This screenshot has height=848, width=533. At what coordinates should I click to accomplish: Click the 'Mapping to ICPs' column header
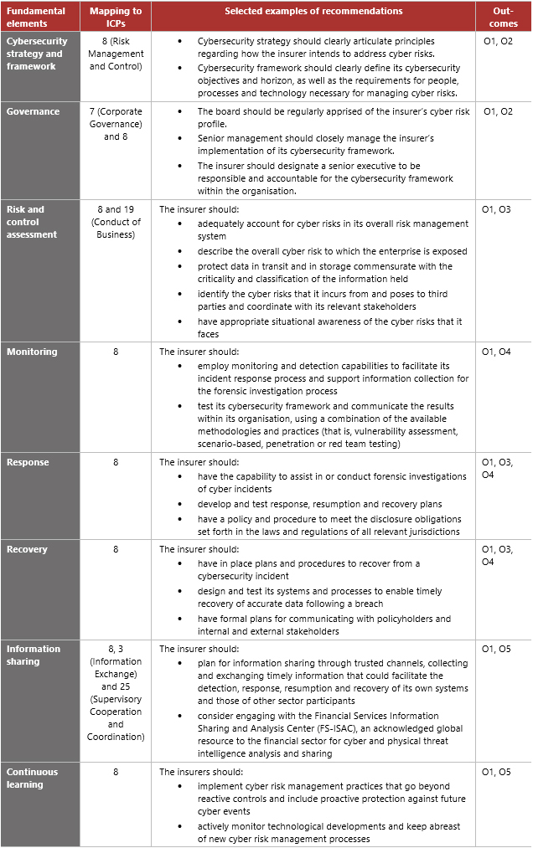click(x=116, y=17)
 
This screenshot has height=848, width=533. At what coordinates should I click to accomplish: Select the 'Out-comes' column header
click(x=503, y=17)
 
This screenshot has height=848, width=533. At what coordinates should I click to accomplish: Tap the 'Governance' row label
click(x=34, y=111)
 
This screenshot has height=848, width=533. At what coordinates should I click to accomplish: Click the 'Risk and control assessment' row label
click(x=32, y=222)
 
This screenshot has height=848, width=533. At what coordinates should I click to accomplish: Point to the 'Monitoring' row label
click(x=33, y=352)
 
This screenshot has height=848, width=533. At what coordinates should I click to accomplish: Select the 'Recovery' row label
click(x=28, y=549)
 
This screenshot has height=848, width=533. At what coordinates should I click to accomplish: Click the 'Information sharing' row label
click(x=34, y=655)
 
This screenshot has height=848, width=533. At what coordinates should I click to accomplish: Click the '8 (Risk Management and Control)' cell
click(x=116, y=53)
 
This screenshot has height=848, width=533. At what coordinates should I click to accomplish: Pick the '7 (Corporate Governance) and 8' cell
click(x=116, y=124)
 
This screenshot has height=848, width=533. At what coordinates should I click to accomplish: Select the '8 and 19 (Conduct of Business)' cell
click(x=116, y=222)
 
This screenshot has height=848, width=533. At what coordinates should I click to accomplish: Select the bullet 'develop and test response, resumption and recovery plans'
click(x=319, y=504)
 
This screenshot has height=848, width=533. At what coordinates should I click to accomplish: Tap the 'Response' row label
click(x=28, y=462)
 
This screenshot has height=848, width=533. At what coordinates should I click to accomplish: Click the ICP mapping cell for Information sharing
click(x=116, y=692)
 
